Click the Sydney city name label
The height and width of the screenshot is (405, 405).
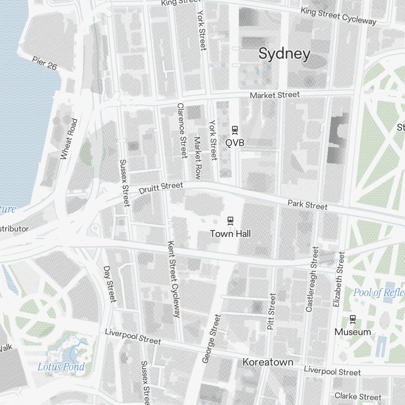coord(284,54)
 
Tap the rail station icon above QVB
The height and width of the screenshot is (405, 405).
coord(234,130)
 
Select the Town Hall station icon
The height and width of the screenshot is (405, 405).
coord(230,220)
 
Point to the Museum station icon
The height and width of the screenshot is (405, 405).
coord(353,319)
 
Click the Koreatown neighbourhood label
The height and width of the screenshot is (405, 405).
coord(268,362)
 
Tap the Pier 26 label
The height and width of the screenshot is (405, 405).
coord(45,64)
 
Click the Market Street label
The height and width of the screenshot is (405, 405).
coord(275,95)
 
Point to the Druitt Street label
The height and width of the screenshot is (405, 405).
coord(161,188)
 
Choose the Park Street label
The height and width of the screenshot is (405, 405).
coord(307,205)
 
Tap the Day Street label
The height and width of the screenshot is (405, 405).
coord(110,284)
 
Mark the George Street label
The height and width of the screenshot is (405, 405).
coord(211,339)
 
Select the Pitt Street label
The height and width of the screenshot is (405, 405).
coord(271,311)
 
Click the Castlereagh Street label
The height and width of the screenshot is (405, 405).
coord(312,279)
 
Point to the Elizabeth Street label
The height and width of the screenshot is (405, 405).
coord(339,279)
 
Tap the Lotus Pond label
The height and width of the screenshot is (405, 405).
coord(61,367)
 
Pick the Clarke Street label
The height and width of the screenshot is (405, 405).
coord(358,396)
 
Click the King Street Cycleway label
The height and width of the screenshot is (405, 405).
coord(338,16)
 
